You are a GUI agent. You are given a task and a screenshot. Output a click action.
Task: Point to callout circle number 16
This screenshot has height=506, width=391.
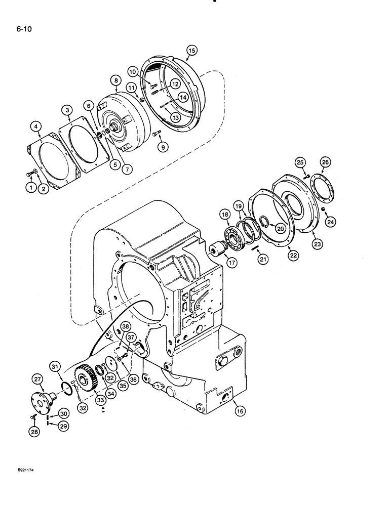(240, 411)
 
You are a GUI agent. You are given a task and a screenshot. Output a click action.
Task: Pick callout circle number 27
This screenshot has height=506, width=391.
(37, 380)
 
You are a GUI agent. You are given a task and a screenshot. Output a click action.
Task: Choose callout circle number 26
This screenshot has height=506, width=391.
(325, 162)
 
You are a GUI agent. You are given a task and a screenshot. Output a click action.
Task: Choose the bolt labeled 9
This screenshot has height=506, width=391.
(158, 135)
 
